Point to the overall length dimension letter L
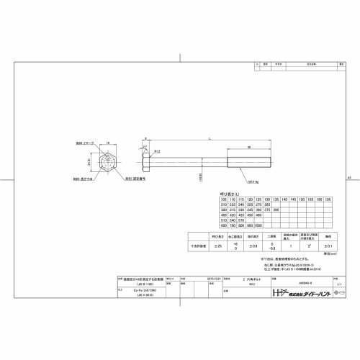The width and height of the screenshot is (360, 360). pos(209,138)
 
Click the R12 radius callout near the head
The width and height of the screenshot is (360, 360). pos(157,150)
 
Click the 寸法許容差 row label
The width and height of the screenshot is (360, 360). pos(197,246)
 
